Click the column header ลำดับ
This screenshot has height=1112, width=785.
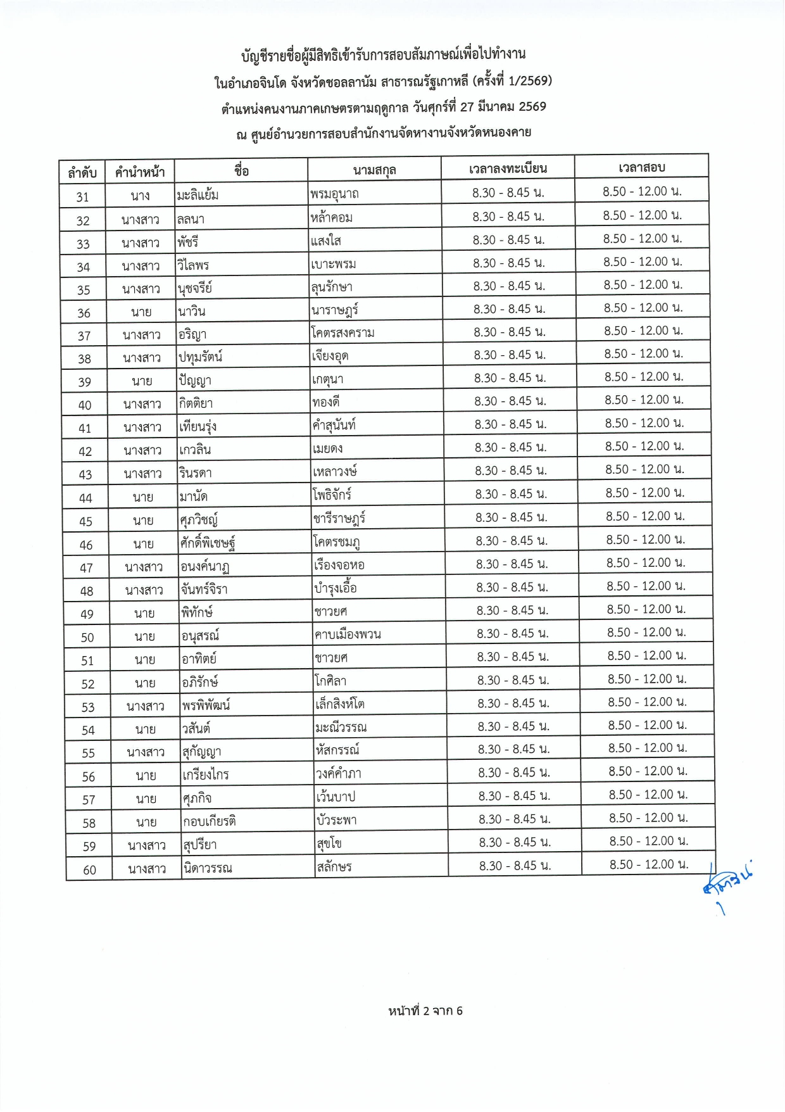coord(82,172)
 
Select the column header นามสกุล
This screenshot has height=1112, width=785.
coord(375,170)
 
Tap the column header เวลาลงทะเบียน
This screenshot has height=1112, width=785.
coord(508,168)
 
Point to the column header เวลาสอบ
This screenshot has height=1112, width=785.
coord(641,167)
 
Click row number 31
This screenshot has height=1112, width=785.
coord(82,197)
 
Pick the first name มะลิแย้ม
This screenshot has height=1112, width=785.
coord(198,195)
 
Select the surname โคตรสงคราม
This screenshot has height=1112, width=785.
coord(343,332)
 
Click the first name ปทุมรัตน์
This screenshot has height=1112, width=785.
coord(200,357)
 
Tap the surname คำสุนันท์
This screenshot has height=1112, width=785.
coord(334,425)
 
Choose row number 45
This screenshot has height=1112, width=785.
coord(85,521)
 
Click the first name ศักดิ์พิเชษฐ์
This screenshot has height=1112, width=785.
coord(208,543)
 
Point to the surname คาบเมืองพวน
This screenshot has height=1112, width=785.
coord(348,634)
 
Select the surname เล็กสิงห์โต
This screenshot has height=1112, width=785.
coord(340,704)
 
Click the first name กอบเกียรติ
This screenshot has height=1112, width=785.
coord(209,821)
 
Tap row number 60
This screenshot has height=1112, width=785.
coord(89,870)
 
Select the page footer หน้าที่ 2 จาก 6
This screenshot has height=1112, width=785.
coord(425,1011)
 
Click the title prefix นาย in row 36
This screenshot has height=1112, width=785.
coord(141,312)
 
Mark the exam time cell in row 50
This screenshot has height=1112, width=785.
coord(646,632)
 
